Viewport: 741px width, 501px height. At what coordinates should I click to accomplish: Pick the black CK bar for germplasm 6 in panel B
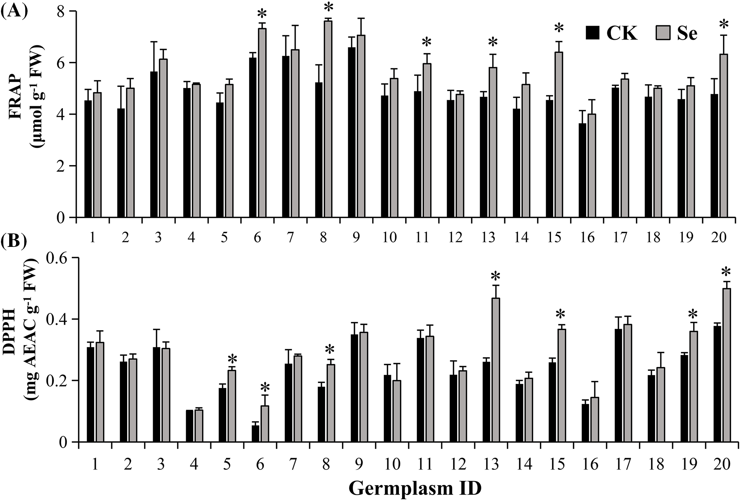pos(255,433)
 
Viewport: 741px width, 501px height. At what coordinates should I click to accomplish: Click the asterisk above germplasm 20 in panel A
pos(722,25)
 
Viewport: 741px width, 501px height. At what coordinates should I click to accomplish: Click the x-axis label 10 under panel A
pos(390,237)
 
